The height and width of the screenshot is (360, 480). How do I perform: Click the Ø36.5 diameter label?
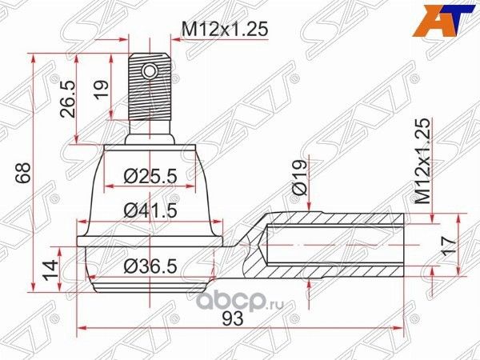pyautogui.click(x=150, y=268)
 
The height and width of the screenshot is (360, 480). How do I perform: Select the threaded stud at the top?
pyautogui.click(x=150, y=92)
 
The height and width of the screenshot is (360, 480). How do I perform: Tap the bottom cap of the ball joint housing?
pyautogui.click(x=150, y=284)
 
